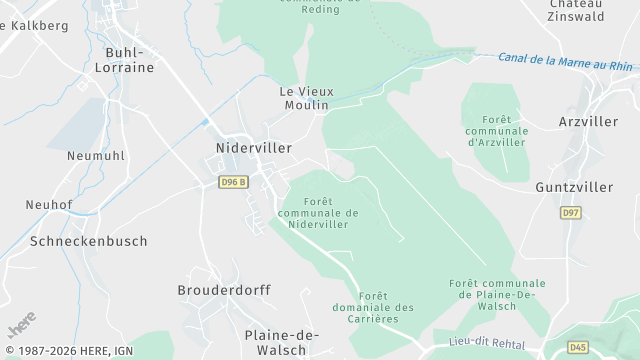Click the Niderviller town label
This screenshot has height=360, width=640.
coord(254,147)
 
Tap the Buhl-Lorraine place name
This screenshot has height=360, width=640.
coord(129,60)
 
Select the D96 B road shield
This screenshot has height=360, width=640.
coord(233,181)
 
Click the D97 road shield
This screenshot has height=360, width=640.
coord(570,213)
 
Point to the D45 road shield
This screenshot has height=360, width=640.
coord(578,347)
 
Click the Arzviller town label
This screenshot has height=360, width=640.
coord(589,121)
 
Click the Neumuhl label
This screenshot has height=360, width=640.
coord(96,156)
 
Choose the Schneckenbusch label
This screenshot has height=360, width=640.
coord(89,241)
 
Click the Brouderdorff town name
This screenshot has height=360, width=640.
coord(224,290)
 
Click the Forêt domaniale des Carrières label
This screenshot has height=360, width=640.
coord(372,307)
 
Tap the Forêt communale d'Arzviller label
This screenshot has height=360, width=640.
coord(497,130)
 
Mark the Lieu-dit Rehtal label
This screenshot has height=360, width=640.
coord(487,343)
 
